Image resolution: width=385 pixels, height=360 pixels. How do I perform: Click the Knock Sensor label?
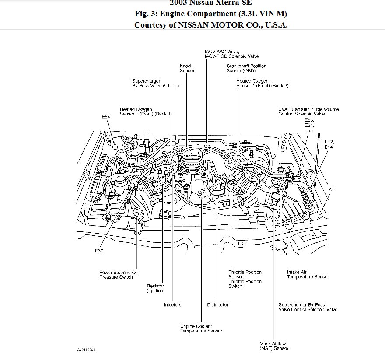(187, 68)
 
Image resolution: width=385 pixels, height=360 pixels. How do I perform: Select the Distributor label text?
(217, 305)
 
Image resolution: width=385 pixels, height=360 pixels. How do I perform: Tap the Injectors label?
(172, 305)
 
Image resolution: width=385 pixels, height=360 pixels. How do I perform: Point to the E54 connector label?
(106, 117)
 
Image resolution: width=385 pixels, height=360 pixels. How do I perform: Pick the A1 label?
(331, 189)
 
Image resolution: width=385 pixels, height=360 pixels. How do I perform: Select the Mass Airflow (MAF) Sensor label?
(274, 346)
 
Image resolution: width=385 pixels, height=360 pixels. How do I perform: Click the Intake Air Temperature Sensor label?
(308, 274)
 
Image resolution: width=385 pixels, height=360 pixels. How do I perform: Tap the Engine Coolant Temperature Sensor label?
(201, 329)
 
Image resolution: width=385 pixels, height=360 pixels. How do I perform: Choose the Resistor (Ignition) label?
(156, 288)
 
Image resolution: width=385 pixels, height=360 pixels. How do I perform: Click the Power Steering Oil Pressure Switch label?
(119, 274)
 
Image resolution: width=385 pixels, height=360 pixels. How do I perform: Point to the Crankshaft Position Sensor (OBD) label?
(246, 68)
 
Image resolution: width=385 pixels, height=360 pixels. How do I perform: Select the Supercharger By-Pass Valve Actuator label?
(156, 84)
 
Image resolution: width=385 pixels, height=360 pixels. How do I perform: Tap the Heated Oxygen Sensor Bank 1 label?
(146, 111)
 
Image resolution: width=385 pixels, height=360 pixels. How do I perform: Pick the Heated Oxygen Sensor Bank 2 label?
(262, 84)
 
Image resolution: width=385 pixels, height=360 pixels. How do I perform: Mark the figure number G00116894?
(86, 350)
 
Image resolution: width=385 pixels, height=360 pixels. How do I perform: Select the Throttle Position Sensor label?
(245, 279)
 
